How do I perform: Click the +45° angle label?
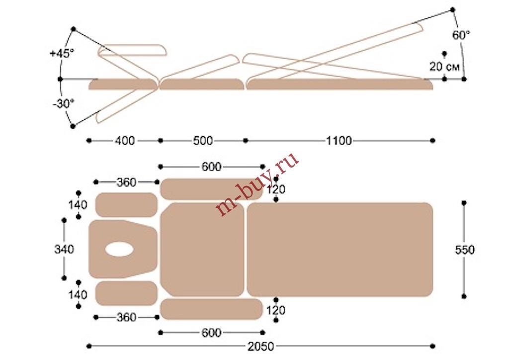62,53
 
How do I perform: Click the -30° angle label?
63,104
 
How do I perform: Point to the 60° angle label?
461,35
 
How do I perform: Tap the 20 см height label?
444,67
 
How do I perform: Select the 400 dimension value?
125,141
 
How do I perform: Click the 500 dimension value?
203,141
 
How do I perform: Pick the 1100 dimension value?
339,141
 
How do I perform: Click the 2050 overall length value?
260,347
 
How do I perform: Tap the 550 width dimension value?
465,250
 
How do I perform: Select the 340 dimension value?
64,249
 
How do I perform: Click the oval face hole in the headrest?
119,249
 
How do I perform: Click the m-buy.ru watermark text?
257,184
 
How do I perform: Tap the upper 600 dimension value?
211,167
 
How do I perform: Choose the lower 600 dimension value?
211,333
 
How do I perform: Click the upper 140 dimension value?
78,205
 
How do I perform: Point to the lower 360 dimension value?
126,317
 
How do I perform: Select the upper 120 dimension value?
275,189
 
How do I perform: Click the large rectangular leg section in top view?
340,250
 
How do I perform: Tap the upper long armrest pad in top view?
211,189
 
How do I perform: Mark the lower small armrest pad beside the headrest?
126,293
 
